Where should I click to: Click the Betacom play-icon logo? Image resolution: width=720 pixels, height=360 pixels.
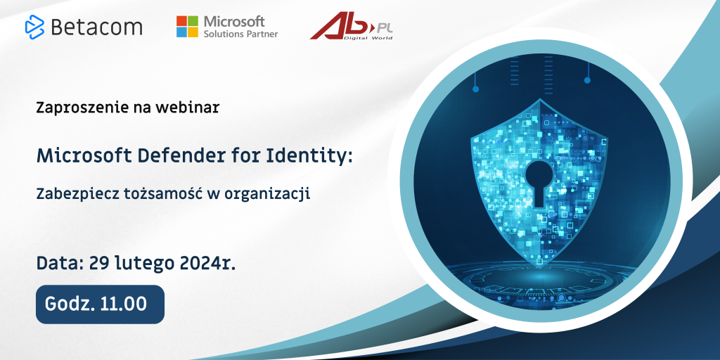(34, 27)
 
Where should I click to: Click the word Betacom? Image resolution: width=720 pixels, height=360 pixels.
(96, 27)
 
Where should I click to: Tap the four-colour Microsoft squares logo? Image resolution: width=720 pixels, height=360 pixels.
(187, 27)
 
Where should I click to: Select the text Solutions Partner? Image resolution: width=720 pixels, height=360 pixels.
(240, 34)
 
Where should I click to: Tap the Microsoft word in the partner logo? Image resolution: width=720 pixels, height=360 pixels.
(234, 20)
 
